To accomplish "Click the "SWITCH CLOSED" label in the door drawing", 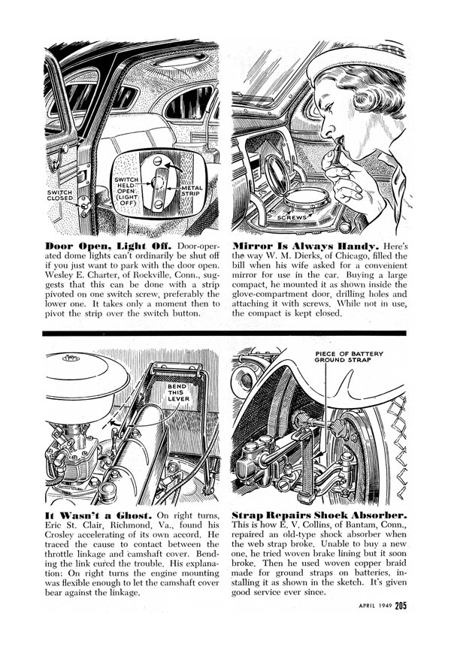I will click(x=61, y=197).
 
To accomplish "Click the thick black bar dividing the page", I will click(x=225, y=331).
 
